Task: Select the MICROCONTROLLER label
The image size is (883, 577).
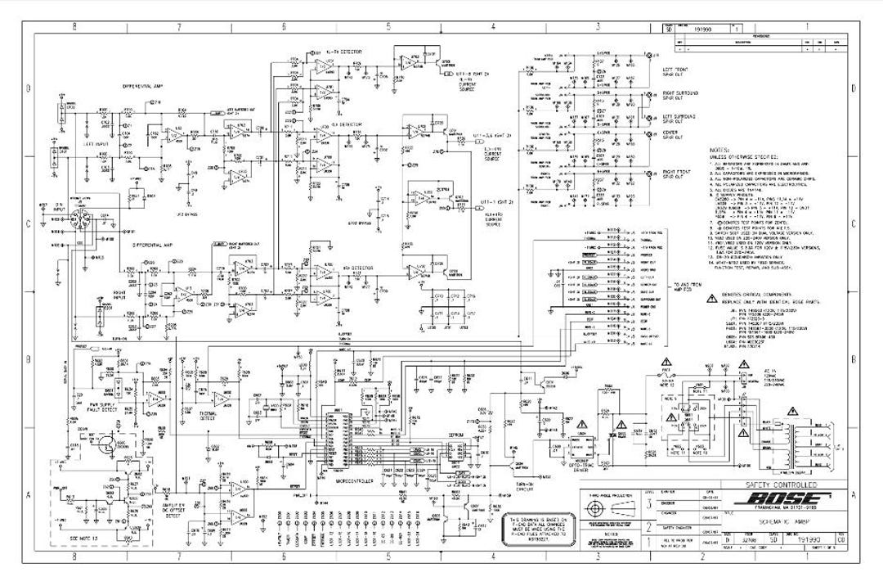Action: click(356, 481)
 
